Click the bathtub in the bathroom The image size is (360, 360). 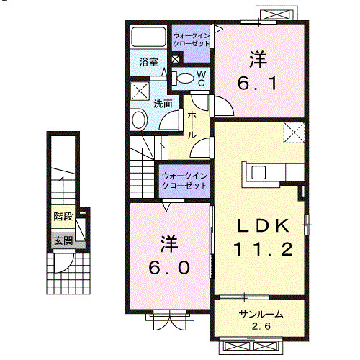coord(149,37)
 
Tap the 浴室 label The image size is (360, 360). coord(149,63)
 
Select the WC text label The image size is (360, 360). coord(202,78)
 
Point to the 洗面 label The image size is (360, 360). coord(163,102)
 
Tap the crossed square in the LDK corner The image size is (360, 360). coord(293,132)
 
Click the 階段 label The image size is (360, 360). coord(63,216)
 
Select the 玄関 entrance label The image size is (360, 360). coord(63,240)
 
